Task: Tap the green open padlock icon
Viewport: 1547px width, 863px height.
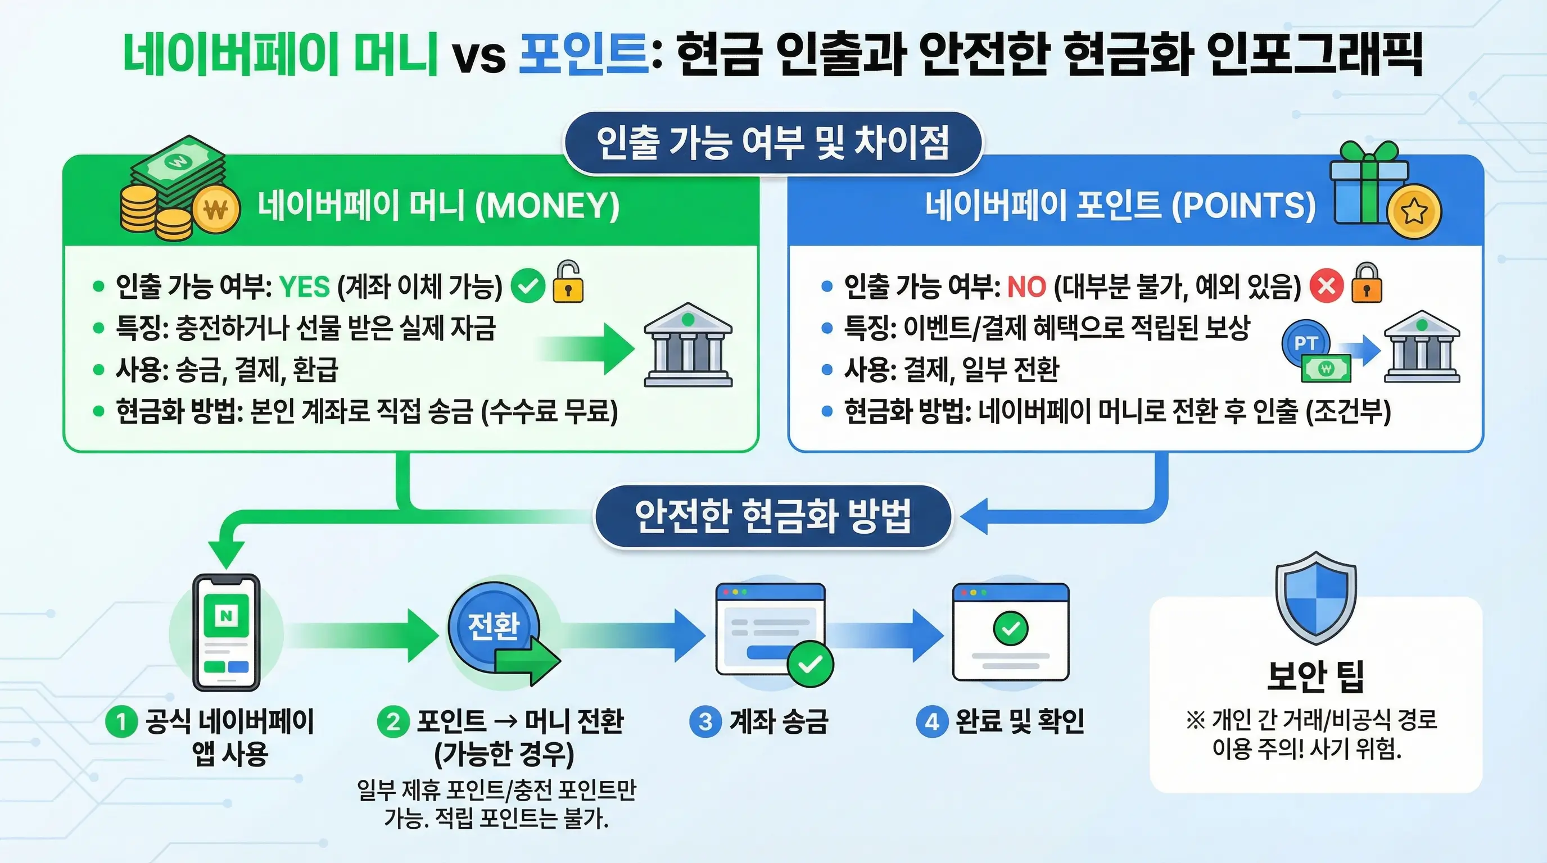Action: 568,282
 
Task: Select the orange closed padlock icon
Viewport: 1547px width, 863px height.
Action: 1366,283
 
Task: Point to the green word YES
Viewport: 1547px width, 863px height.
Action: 305,287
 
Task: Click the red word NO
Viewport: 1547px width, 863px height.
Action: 1026,287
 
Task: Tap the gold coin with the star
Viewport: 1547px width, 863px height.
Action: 1414,211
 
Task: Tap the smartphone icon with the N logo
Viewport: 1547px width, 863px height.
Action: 227,632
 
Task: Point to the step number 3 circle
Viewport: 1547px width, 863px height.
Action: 705,721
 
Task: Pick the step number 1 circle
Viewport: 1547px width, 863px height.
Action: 121,721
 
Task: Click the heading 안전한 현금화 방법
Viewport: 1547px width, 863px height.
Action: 773,516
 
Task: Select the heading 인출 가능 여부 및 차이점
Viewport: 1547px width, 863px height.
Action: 772,143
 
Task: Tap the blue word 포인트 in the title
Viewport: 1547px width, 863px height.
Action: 583,54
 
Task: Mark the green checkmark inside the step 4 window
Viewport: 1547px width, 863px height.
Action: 1011,628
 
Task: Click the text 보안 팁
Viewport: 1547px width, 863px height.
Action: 1315,676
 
